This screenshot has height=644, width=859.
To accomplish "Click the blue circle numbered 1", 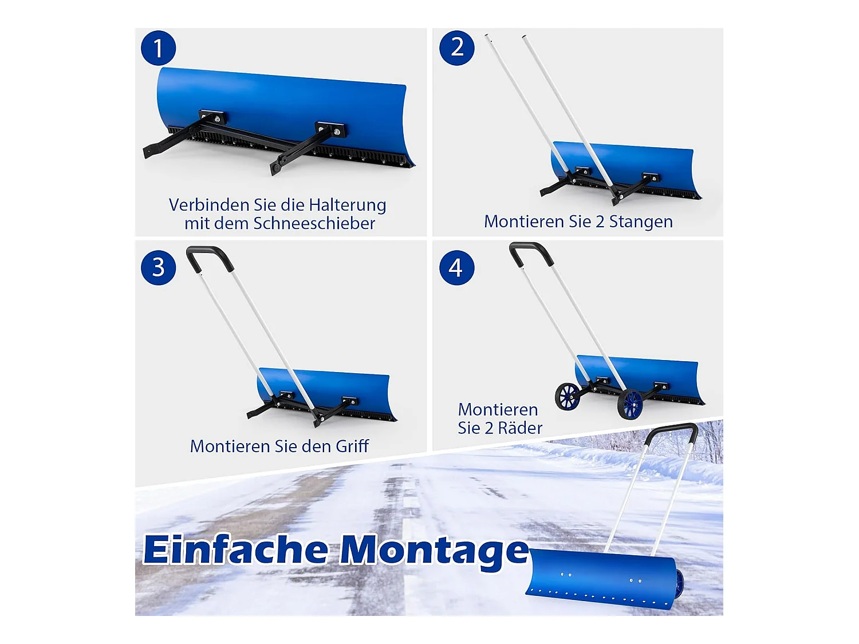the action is tap(158, 48).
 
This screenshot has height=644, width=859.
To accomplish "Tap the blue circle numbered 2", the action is tap(456, 48).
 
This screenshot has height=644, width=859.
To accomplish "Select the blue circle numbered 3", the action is tap(158, 268).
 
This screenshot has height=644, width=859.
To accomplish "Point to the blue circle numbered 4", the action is tap(456, 268).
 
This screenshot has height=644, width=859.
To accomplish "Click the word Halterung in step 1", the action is tap(348, 206).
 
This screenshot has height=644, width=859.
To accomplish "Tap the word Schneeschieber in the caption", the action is tap(314, 223).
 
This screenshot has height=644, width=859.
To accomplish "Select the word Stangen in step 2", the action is tap(641, 222).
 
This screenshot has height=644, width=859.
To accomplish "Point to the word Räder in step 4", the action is tap(520, 428).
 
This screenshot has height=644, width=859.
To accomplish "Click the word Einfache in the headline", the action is tap(235, 550).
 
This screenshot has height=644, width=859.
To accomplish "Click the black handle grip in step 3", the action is tap(211, 256).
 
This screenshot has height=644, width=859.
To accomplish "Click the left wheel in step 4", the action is tap(568, 397).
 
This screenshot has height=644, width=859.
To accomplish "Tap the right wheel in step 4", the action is tap(630, 404).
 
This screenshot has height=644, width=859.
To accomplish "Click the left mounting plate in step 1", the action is tap(212, 117).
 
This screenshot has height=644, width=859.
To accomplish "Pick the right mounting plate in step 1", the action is tap(330, 129).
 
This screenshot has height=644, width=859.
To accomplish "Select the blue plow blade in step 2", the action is tap(624, 169).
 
